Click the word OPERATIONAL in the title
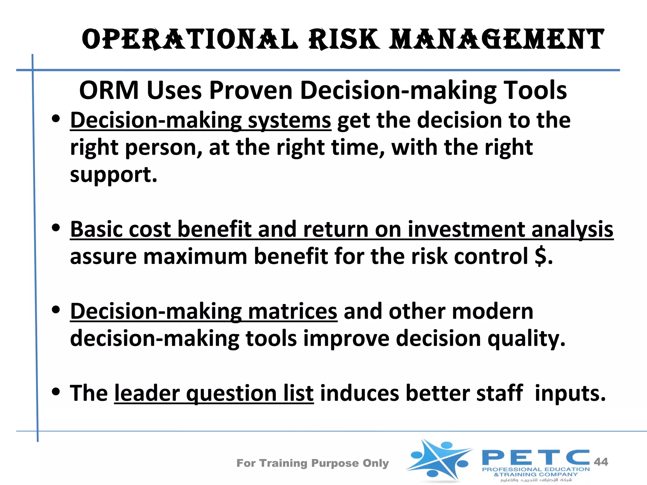pos(190,40)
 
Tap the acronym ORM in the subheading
pos(109,91)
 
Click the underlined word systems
pos(289,121)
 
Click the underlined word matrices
pos(293,312)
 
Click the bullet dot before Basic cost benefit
pos(56,228)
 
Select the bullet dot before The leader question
pos(56,392)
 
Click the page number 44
pos(601,462)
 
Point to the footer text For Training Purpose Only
pos(312,463)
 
